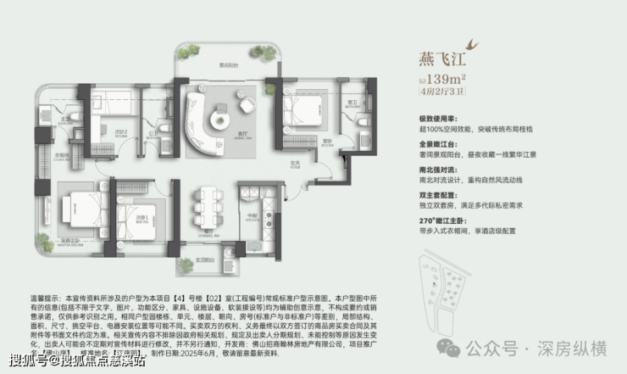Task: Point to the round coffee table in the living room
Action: (245, 105)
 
